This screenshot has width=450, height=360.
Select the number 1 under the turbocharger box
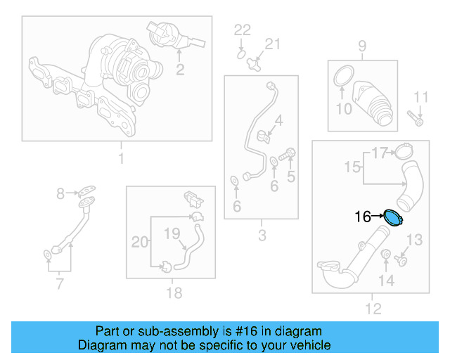[120, 158]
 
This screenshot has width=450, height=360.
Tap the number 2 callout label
[180, 69]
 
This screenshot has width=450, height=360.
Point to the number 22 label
[242, 30]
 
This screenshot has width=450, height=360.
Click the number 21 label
[272, 44]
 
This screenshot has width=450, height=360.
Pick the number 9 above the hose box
[362, 47]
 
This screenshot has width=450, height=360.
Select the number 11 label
[420, 96]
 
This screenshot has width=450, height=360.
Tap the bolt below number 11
[415, 120]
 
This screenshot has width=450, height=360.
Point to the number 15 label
[352, 167]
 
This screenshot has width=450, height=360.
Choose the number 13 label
[415, 240]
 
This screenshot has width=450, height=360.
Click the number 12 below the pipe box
[373, 308]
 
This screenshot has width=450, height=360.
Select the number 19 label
[173, 233]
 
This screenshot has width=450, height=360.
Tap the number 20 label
[140, 243]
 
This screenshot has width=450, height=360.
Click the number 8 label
[60, 193]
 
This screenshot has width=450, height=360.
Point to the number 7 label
[59, 284]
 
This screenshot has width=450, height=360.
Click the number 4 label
[279, 121]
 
